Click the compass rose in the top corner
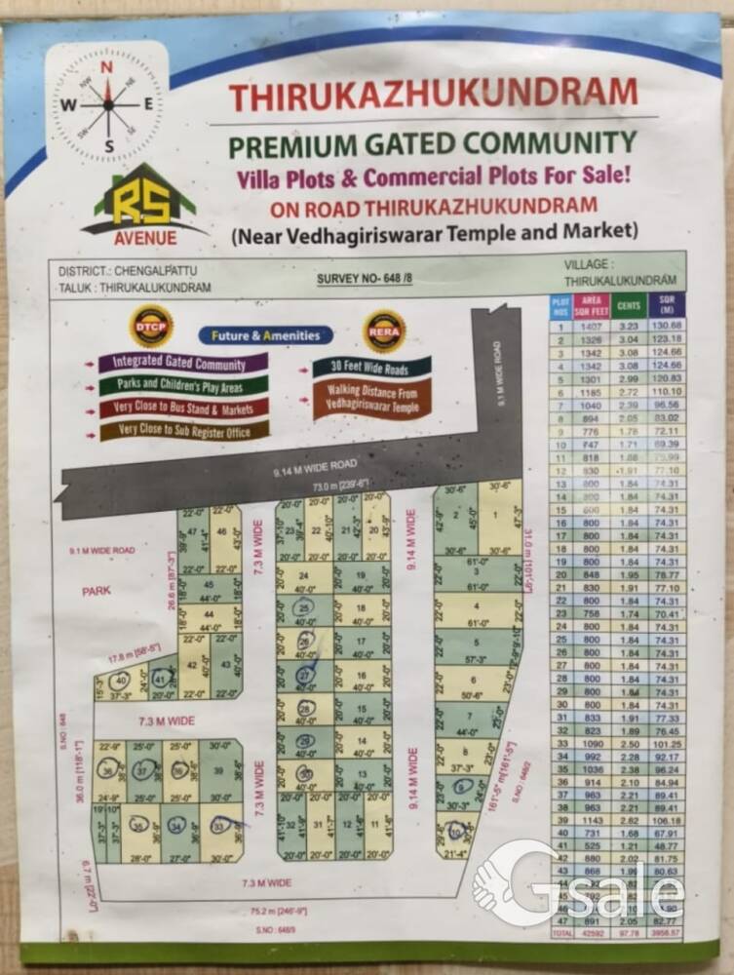[108, 104]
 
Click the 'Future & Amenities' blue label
[266, 335]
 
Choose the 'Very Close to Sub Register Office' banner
[183, 429]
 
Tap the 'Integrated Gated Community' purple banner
[183, 363]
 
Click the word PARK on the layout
[97, 591]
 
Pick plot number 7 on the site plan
[472, 717]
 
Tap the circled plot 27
[305, 675]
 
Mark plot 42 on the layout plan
[192, 666]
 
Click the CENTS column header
[629, 305]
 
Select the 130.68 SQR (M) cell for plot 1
[668, 325]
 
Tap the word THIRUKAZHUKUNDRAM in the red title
[433, 95]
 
